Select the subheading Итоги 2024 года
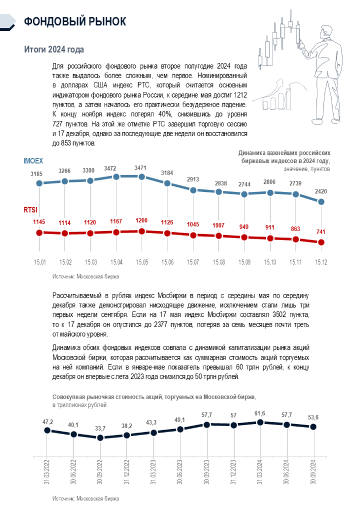click(54, 49)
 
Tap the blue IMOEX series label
click(34, 161)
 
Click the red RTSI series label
click(31, 209)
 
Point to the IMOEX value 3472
click(116, 167)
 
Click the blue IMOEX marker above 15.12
click(321, 202)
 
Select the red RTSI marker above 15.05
click(142, 231)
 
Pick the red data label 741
click(321, 231)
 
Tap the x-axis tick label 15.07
click(193, 262)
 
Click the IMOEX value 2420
click(321, 191)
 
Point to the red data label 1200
click(142, 221)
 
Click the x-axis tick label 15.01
click(39, 262)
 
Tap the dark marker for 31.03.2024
click(260, 422)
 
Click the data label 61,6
click(260, 412)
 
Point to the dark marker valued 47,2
click(47, 430)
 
